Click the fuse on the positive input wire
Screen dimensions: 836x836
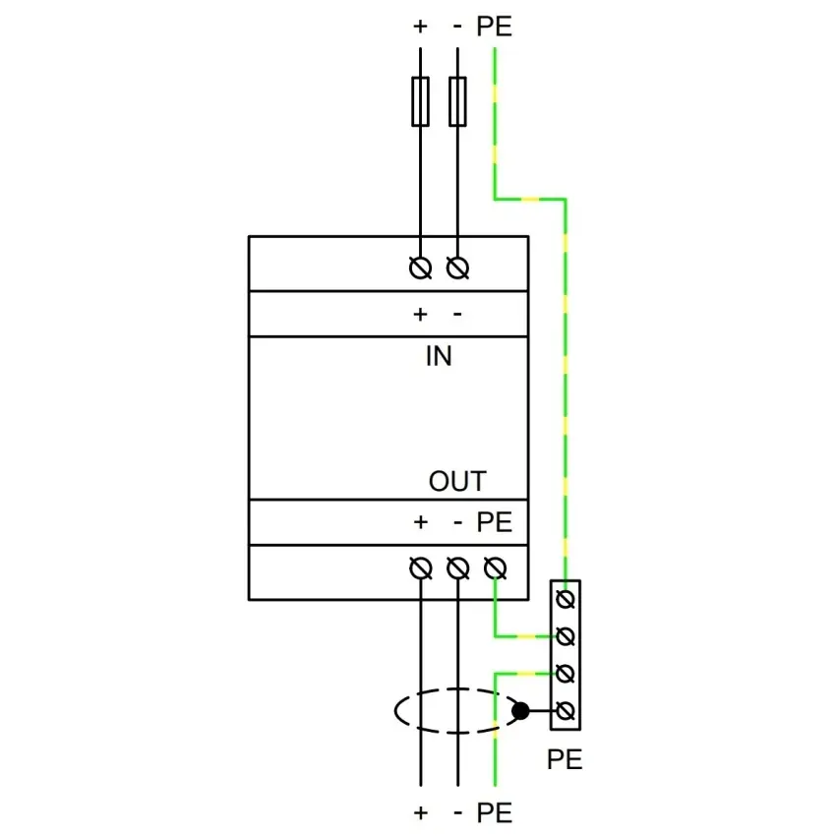click(x=420, y=101)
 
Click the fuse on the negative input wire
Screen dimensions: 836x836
click(x=457, y=101)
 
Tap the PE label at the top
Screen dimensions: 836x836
click(x=495, y=27)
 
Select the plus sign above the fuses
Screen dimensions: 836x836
click(x=420, y=27)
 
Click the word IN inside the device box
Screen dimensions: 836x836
click(x=439, y=356)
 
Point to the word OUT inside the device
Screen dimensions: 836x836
click(x=457, y=481)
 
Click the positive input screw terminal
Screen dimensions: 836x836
click(x=420, y=268)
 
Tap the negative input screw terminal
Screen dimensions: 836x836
click(x=457, y=268)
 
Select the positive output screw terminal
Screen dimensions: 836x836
click(x=421, y=567)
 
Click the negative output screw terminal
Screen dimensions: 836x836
click(x=458, y=567)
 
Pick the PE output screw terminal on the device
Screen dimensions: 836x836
click(x=496, y=567)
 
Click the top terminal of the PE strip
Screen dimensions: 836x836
click(x=566, y=599)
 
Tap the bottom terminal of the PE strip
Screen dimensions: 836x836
click(x=566, y=711)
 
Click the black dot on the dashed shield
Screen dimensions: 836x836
click(x=520, y=711)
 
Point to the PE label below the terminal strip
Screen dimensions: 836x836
click(x=565, y=759)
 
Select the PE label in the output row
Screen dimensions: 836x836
click(x=495, y=522)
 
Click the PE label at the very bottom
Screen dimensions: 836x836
click(x=495, y=813)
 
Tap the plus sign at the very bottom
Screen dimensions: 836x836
click(x=421, y=813)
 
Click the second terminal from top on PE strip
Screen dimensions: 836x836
click(x=566, y=636)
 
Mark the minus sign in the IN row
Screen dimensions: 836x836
click(x=457, y=315)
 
